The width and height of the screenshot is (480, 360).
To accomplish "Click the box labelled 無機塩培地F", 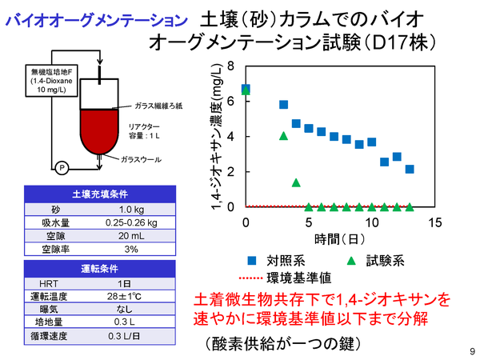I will pos(50,82).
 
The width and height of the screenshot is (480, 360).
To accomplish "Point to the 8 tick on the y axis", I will pos(230,66).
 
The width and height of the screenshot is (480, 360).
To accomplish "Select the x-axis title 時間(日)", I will pos(340,238).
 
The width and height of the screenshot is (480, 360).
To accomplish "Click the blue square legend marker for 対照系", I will pos(253,260).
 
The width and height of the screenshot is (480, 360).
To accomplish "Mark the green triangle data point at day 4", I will pos(296,182).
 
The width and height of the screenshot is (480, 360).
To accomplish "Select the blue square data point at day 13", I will pos(410,169).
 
